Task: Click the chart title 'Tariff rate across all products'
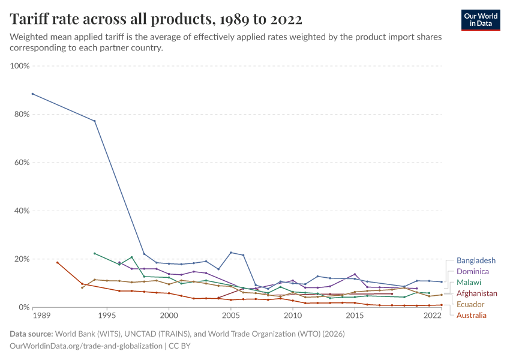pos(156,19)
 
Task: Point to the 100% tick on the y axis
pos(20,65)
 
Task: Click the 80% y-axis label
pos(21,114)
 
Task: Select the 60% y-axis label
pos(21,163)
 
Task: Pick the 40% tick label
pos(21,211)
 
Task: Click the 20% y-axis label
pos(21,259)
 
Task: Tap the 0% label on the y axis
pos(23,307)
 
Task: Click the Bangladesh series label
pos(476,260)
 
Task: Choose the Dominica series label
pos(473,271)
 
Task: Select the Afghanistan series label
pos(476,293)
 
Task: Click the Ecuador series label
pos(470,304)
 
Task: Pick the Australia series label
pos(472,315)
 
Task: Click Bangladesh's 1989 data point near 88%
pos(32,94)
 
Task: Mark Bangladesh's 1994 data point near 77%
pos(94,121)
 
